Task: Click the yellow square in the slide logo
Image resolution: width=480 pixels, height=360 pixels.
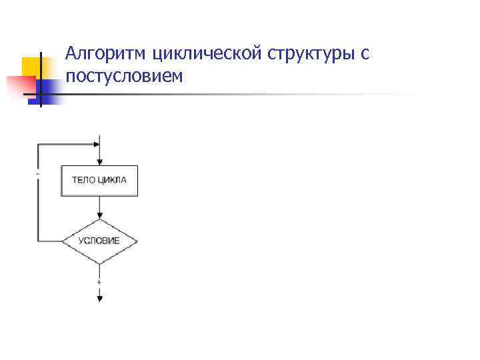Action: (x=32, y=67)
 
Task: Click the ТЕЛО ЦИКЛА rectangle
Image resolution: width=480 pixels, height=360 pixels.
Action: (x=99, y=181)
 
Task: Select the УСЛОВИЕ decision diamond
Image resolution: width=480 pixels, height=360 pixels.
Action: (x=99, y=241)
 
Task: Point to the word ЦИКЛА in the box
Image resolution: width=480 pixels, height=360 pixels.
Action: (x=111, y=181)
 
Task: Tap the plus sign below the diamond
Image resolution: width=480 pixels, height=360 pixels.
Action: (x=99, y=282)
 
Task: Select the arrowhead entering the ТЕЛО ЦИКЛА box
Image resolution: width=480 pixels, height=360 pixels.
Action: (x=99, y=162)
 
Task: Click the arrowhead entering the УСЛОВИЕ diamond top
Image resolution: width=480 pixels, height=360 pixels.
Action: (x=99, y=216)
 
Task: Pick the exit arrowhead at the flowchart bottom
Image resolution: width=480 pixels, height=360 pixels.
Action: (x=99, y=299)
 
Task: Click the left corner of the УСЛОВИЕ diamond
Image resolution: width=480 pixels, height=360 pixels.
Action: (x=63, y=241)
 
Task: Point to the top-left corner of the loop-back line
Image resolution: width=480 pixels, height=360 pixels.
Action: (x=38, y=143)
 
